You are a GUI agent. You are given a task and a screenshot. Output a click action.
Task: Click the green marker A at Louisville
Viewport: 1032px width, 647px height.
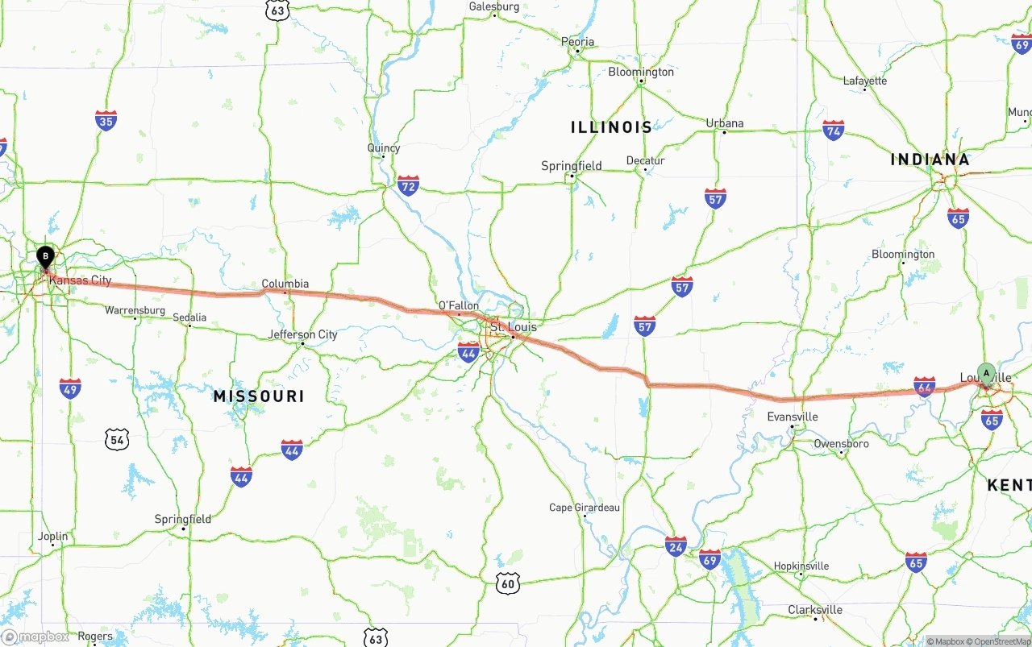pyautogui.click(x=985, y=373)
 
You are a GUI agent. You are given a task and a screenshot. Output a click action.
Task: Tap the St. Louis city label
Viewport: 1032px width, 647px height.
pyautogui.click(x=513, y=327)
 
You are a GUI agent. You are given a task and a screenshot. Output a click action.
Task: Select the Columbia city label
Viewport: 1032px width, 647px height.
pyautogui.click(x=285, y=284)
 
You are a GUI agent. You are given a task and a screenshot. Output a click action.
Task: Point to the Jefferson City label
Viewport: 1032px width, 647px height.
pyautogui.click(x=302, y=334)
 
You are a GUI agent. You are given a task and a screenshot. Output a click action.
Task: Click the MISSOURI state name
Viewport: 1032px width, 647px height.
pyautogui.click(x=259, y=396)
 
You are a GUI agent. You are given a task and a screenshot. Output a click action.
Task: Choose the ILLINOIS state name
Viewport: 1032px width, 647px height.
pyautogui.click(x=611, y=127)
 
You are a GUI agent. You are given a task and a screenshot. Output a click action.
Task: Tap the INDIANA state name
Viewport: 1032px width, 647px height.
pyautogui.click(x=930, y=160)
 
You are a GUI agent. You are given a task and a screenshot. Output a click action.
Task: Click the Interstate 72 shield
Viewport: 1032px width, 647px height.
pyautogui.click(x=408, y=185)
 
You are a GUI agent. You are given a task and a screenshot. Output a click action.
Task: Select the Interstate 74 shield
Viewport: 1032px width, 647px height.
pyautogui.click(x=833, y=130)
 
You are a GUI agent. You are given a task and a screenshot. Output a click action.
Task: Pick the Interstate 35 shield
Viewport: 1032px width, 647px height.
pyautogui.click(x=106, y=121)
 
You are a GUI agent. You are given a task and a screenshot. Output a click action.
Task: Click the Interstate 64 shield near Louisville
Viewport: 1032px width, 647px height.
pyautogui.click(x=924, y=387)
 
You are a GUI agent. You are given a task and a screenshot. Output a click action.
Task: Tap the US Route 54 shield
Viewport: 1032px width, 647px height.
pyautogui.click(x=117, y=439)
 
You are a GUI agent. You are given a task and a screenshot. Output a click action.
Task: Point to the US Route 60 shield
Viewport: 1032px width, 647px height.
pyautogui.click(x=507, y=583)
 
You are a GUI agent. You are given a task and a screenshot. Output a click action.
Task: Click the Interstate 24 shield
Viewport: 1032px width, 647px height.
pyautogui.click(x=676, y=546)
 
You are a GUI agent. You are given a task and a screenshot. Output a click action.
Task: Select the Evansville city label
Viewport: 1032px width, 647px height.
pyautogui.click(x=793, y=417)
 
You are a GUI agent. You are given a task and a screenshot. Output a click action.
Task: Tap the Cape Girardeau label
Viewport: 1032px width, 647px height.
pyautogui.click(x=585, y=508)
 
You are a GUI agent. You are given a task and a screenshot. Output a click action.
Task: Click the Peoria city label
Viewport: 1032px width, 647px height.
pyautogui.click(x=577, y=42)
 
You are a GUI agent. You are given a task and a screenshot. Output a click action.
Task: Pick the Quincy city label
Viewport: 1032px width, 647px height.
pyautogui.click(x=383, y=148)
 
